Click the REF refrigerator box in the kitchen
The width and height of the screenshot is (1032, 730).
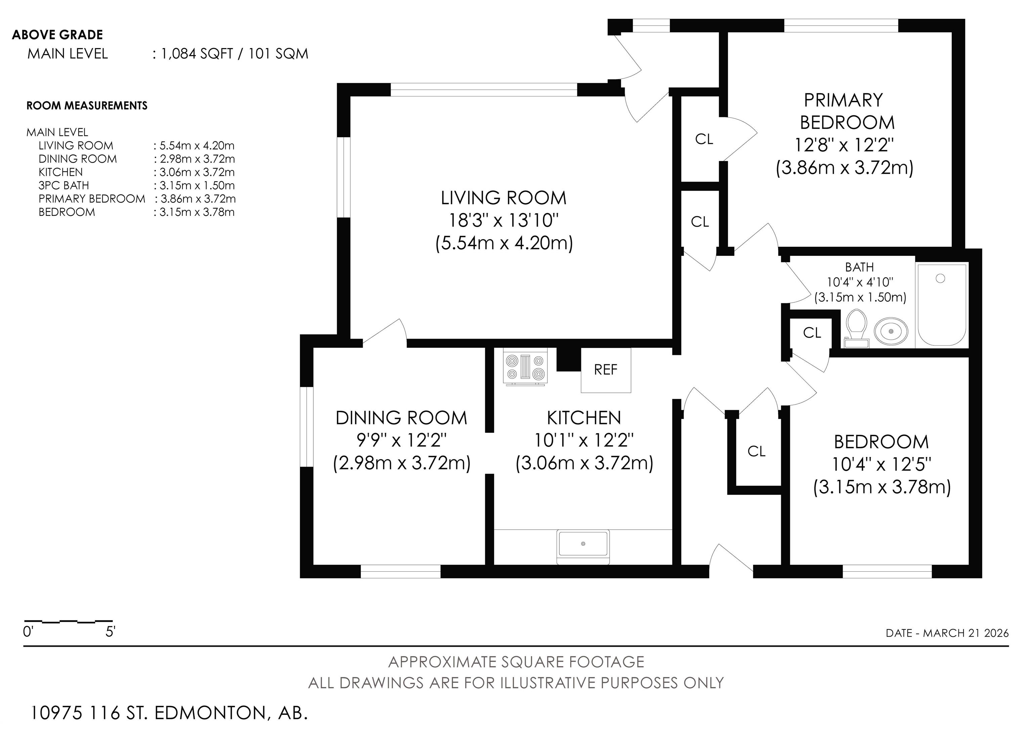point(606,370)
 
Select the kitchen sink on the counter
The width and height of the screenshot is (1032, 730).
point(583,546)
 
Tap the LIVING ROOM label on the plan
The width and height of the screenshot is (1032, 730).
point(504,198)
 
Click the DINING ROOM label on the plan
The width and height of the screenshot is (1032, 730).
point(401,418)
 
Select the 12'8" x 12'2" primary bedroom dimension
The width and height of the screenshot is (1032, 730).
point(844,145)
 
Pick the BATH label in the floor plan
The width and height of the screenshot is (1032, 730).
point(859,267)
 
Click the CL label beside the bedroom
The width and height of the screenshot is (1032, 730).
point(757,451)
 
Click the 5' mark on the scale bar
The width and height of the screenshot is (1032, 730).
point(110,632)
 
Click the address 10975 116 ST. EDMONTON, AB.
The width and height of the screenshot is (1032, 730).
point(169,713)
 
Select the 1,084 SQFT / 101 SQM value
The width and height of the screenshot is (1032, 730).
point(234,54)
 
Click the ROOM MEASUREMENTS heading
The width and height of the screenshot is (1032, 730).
point(87,106)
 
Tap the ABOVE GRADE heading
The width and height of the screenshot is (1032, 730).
point(57,35)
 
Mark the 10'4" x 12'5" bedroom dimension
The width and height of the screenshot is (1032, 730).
point(881,464)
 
